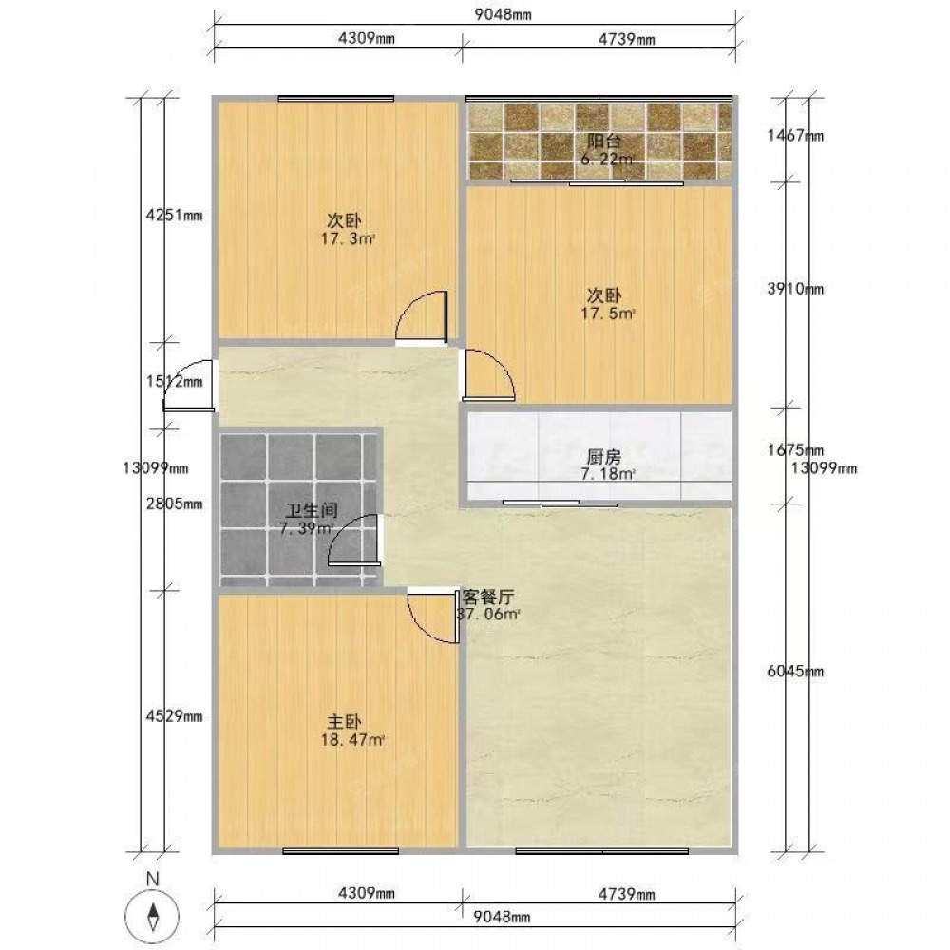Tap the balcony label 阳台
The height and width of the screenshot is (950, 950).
pos(604,142)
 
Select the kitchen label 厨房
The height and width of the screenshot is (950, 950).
pos(604,457)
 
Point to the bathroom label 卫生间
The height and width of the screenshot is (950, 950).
pos(312,511)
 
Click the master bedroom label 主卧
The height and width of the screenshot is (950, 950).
pos(344,722)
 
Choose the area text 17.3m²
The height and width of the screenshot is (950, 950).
pos(348,238)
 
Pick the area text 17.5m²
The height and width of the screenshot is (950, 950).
pos(608,313)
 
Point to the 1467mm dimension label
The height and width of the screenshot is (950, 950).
pos(795,135)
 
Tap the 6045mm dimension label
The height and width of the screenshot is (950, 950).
pos(795,671)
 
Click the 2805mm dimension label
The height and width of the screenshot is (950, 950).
pos(175,503)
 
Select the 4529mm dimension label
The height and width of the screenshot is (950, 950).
pos(175,716)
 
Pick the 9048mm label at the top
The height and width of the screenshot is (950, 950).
pos(503,14)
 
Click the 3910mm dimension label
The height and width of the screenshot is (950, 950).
pos(795,289)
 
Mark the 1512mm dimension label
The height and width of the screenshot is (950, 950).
pos(175,381)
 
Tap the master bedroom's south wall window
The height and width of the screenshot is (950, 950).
pos(340,851)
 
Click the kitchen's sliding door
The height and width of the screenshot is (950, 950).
pos(560,503)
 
